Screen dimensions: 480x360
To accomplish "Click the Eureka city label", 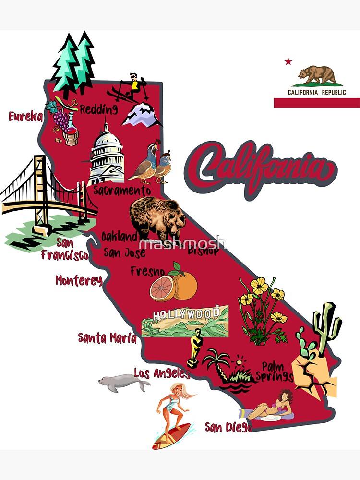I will point(26,117).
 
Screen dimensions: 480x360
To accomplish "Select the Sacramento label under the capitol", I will point(122,191).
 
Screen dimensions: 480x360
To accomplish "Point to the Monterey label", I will point(79,280).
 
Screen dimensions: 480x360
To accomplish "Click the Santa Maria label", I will point(107,338).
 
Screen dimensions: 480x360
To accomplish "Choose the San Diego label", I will point(228,427).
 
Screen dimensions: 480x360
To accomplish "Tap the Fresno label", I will point(147,272).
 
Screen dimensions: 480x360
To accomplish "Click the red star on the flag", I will point(288,61).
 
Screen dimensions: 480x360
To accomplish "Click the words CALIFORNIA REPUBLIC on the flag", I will point(317,92).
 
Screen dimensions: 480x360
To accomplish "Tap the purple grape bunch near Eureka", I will point(61,119).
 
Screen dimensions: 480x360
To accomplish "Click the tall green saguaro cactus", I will point(327,326).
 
